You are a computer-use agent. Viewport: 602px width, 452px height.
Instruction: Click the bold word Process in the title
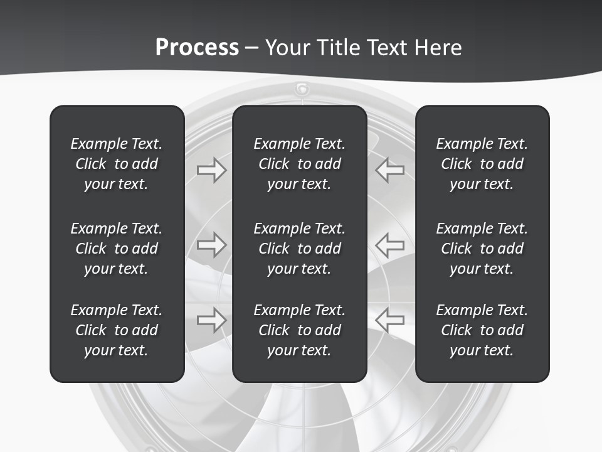click(197, 48)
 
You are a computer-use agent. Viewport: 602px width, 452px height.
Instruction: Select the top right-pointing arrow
click(211, 170)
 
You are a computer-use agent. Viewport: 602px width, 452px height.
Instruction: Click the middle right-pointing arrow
click(211, 245)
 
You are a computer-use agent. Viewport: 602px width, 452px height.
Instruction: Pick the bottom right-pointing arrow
click(211, 320)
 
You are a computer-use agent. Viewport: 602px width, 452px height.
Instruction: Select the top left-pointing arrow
click(390, 170)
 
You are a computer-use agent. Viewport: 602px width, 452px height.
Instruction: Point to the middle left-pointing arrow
click(390, 245)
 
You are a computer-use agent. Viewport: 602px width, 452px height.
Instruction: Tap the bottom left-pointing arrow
click(390, 320)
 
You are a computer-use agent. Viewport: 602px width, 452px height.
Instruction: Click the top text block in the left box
click(117, 164)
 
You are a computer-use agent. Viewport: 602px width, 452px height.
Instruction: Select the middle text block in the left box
click(117, 249)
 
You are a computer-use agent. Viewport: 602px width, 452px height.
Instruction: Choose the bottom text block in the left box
click(117, 330)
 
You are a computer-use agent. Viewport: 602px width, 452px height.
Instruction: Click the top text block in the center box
click(299, 164)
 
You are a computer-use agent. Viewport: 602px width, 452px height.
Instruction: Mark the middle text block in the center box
click(299, 249)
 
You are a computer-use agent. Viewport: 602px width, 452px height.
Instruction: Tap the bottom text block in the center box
click(299, 330)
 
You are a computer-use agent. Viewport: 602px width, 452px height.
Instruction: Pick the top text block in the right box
click(482, 164)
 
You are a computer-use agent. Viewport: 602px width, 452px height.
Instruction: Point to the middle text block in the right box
click(482, 249)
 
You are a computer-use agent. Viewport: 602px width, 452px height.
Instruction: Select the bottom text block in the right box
click(482, 330)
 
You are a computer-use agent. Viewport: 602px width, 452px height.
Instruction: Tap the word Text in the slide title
click(386, 48)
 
